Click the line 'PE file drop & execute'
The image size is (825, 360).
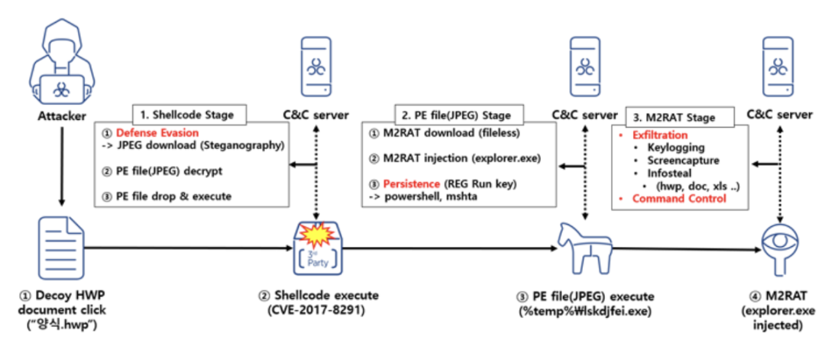(x=171, y=196)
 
